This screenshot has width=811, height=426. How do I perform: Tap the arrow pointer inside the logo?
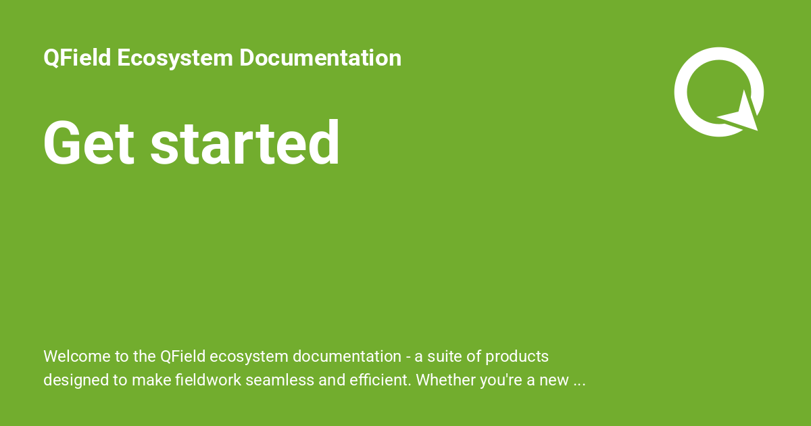click(743, 115)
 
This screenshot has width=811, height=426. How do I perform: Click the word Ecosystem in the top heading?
click(175, 58)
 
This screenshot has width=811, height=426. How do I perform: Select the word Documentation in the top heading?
click(320, 58)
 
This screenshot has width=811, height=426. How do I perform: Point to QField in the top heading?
click(77, 58)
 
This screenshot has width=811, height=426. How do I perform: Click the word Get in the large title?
click(89, 143)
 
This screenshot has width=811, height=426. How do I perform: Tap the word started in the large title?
click(245, 143)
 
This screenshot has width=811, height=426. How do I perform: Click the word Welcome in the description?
click(77, 356)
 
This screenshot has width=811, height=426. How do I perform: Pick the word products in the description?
click(517, 357)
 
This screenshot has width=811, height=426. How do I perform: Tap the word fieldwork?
click(208, 380)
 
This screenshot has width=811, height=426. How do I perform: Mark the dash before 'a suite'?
click(408, 358)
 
